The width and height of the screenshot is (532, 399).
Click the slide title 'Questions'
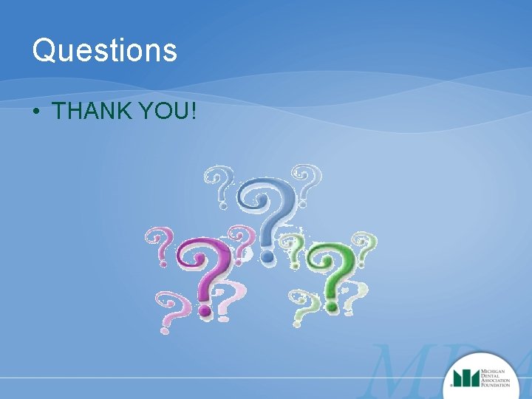(x=105, y=51)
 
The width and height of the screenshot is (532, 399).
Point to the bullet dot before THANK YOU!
(x=35, y=112)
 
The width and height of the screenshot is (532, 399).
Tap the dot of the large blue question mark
(x=265, y=258)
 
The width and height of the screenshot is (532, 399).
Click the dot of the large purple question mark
(x=205, y=312)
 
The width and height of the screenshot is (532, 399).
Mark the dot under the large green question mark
(x=331, y=304)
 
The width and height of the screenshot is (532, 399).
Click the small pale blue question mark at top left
(x=219, y=185)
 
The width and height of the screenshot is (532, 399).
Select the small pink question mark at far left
(x=161, y=246)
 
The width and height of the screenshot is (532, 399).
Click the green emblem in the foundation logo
(x=466, y=378)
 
